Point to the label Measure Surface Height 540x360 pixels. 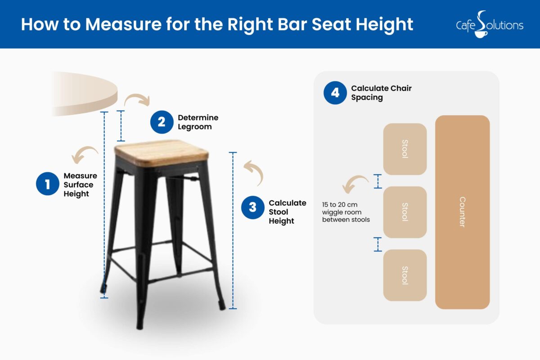[x=80, y=184]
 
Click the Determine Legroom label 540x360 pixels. [x=198, y=122]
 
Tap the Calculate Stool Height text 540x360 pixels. [x=287, y=212]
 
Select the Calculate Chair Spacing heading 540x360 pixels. [x=381, y=93]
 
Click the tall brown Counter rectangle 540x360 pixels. [x=462, y=212]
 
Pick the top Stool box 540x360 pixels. [x=405, y=149]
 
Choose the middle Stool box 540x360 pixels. [x=405, y=212]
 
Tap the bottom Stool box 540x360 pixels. [x=405, y=275]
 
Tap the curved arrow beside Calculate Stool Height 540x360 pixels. [x=254, y=173]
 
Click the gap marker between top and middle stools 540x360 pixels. [x=378, y=181]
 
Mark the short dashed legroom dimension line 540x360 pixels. [x=120, y=126]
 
